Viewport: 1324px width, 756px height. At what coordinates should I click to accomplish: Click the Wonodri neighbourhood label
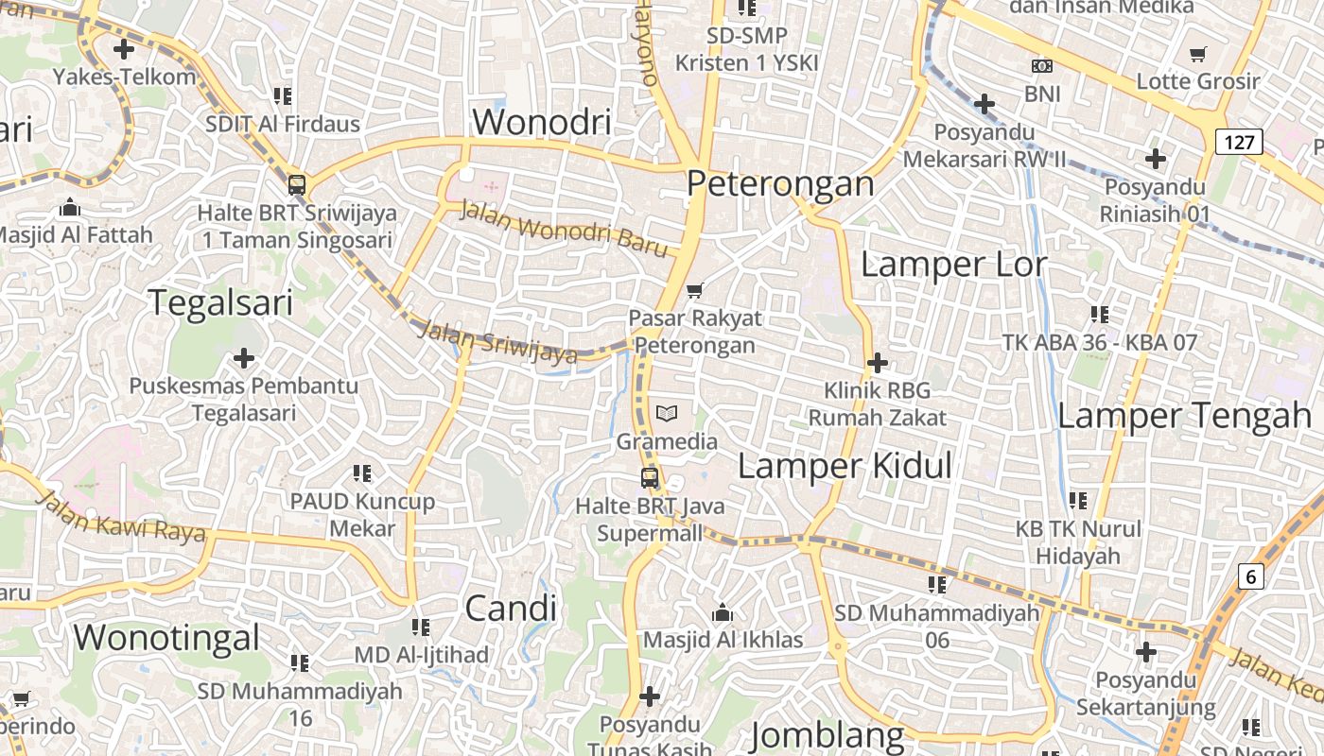click(x=542, y=122)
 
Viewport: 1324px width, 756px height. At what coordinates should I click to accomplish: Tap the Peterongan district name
click(x=780, y=183)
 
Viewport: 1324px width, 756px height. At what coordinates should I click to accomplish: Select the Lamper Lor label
click(x=953, y=265)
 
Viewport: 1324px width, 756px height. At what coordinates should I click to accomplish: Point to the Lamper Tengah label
click(x=1184, y=415)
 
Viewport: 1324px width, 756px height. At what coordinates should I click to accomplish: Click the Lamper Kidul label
click(x=845, y=466)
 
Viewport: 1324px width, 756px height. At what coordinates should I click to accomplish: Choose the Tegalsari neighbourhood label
click(x=221, y=302)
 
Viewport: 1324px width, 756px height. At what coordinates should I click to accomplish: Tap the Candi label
click(x=511, y=609)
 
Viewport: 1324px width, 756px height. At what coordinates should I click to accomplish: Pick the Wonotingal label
click(x=166, y=637)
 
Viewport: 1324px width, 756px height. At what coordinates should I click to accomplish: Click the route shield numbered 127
click(x=1238, y=143)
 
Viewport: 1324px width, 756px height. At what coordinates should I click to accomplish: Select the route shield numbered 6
click(x=1251, y=576)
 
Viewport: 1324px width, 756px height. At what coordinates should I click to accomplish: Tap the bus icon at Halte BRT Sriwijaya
click(x=297, y=185)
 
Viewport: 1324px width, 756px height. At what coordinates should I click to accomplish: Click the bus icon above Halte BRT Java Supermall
click(x=650, y=478)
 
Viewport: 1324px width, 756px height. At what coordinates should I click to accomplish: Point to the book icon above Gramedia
click(x=667, y=413)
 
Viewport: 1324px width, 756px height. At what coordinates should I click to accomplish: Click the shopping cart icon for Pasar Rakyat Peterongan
click(x=695, y=290)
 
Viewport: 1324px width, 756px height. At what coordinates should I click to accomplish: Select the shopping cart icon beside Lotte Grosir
click(x=1198, y=54)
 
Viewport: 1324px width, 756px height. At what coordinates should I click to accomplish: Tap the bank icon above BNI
click(x=1041, y=66)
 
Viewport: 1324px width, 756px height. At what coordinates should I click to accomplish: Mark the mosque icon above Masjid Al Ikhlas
click(x=723, y=613)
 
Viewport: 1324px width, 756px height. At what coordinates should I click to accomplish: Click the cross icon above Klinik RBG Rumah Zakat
click(x=877, y=362)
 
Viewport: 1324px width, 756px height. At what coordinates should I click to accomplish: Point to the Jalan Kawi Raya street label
click(x=123, y=516)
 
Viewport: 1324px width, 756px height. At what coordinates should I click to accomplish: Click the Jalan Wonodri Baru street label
click(x=565, y=228)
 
